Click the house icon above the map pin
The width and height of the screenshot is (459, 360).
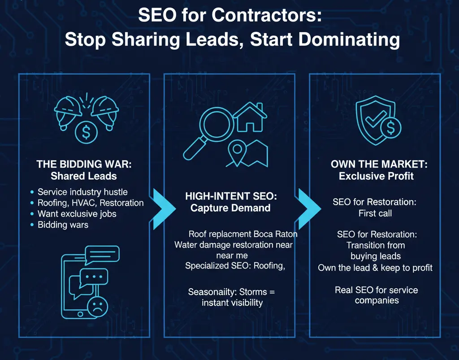coord(249,117)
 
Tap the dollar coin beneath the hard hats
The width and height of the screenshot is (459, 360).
coord(84,132)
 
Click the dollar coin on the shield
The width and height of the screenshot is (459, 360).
coord(391,128)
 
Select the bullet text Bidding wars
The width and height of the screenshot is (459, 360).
coord(63,225)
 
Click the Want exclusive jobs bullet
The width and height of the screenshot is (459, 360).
coord(77,213)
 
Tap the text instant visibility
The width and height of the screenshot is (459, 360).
coord(232,303)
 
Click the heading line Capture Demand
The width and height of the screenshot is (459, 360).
coord(230,208)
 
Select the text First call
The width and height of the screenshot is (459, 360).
coord(375,213)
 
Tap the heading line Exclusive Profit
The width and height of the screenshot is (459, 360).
coord(376,176)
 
